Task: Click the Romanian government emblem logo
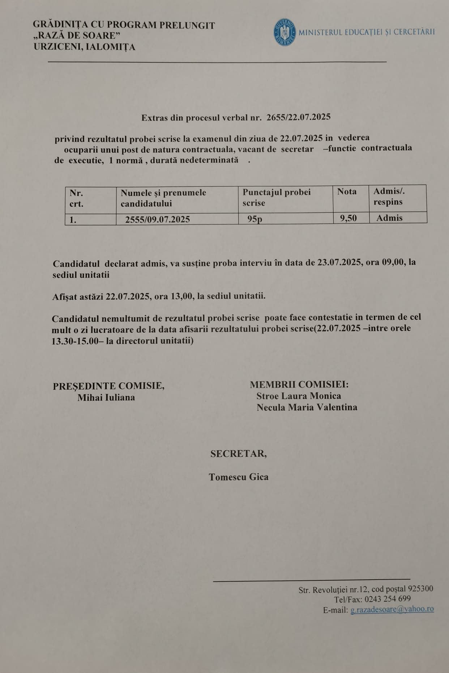pyautogui.click(x=285, y=32)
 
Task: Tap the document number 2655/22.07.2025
pyautogui.click(x=298, y=117)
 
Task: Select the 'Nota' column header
pyautogui.click(x=347, y=192)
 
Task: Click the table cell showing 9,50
pyautogui.click(x=348, y=218)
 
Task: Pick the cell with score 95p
pyautogui.click(x=255, y=219)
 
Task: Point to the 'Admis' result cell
pyautogui.click(x=389, y=218)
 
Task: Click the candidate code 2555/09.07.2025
pyautogui.click(x=158, y=219)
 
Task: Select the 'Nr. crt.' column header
pyautogui.click(x=77, y=198)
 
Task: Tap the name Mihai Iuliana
pyautogui.click(x=106, y=398)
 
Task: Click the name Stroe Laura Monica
pyautogui.click(x=299, y=396)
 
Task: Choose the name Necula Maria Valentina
pyautogui.click(x=307, y=408)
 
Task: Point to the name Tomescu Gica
pyautogui.click(x=239, y=477)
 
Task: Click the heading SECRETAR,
pyautogui.click(x=239, y=454)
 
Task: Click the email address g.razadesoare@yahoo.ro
pyautogui.click(x=392, y=609)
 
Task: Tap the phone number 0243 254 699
pyautogui.click(x=388, y=599)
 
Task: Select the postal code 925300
pyautogui.click(x=420, y=589)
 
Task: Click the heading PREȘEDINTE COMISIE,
pyautogui.click(x=108, y=386)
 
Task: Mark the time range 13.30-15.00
pyautogui.click(x=75, y=341)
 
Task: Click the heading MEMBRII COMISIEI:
pyautogui.click(x=299, y=384)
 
